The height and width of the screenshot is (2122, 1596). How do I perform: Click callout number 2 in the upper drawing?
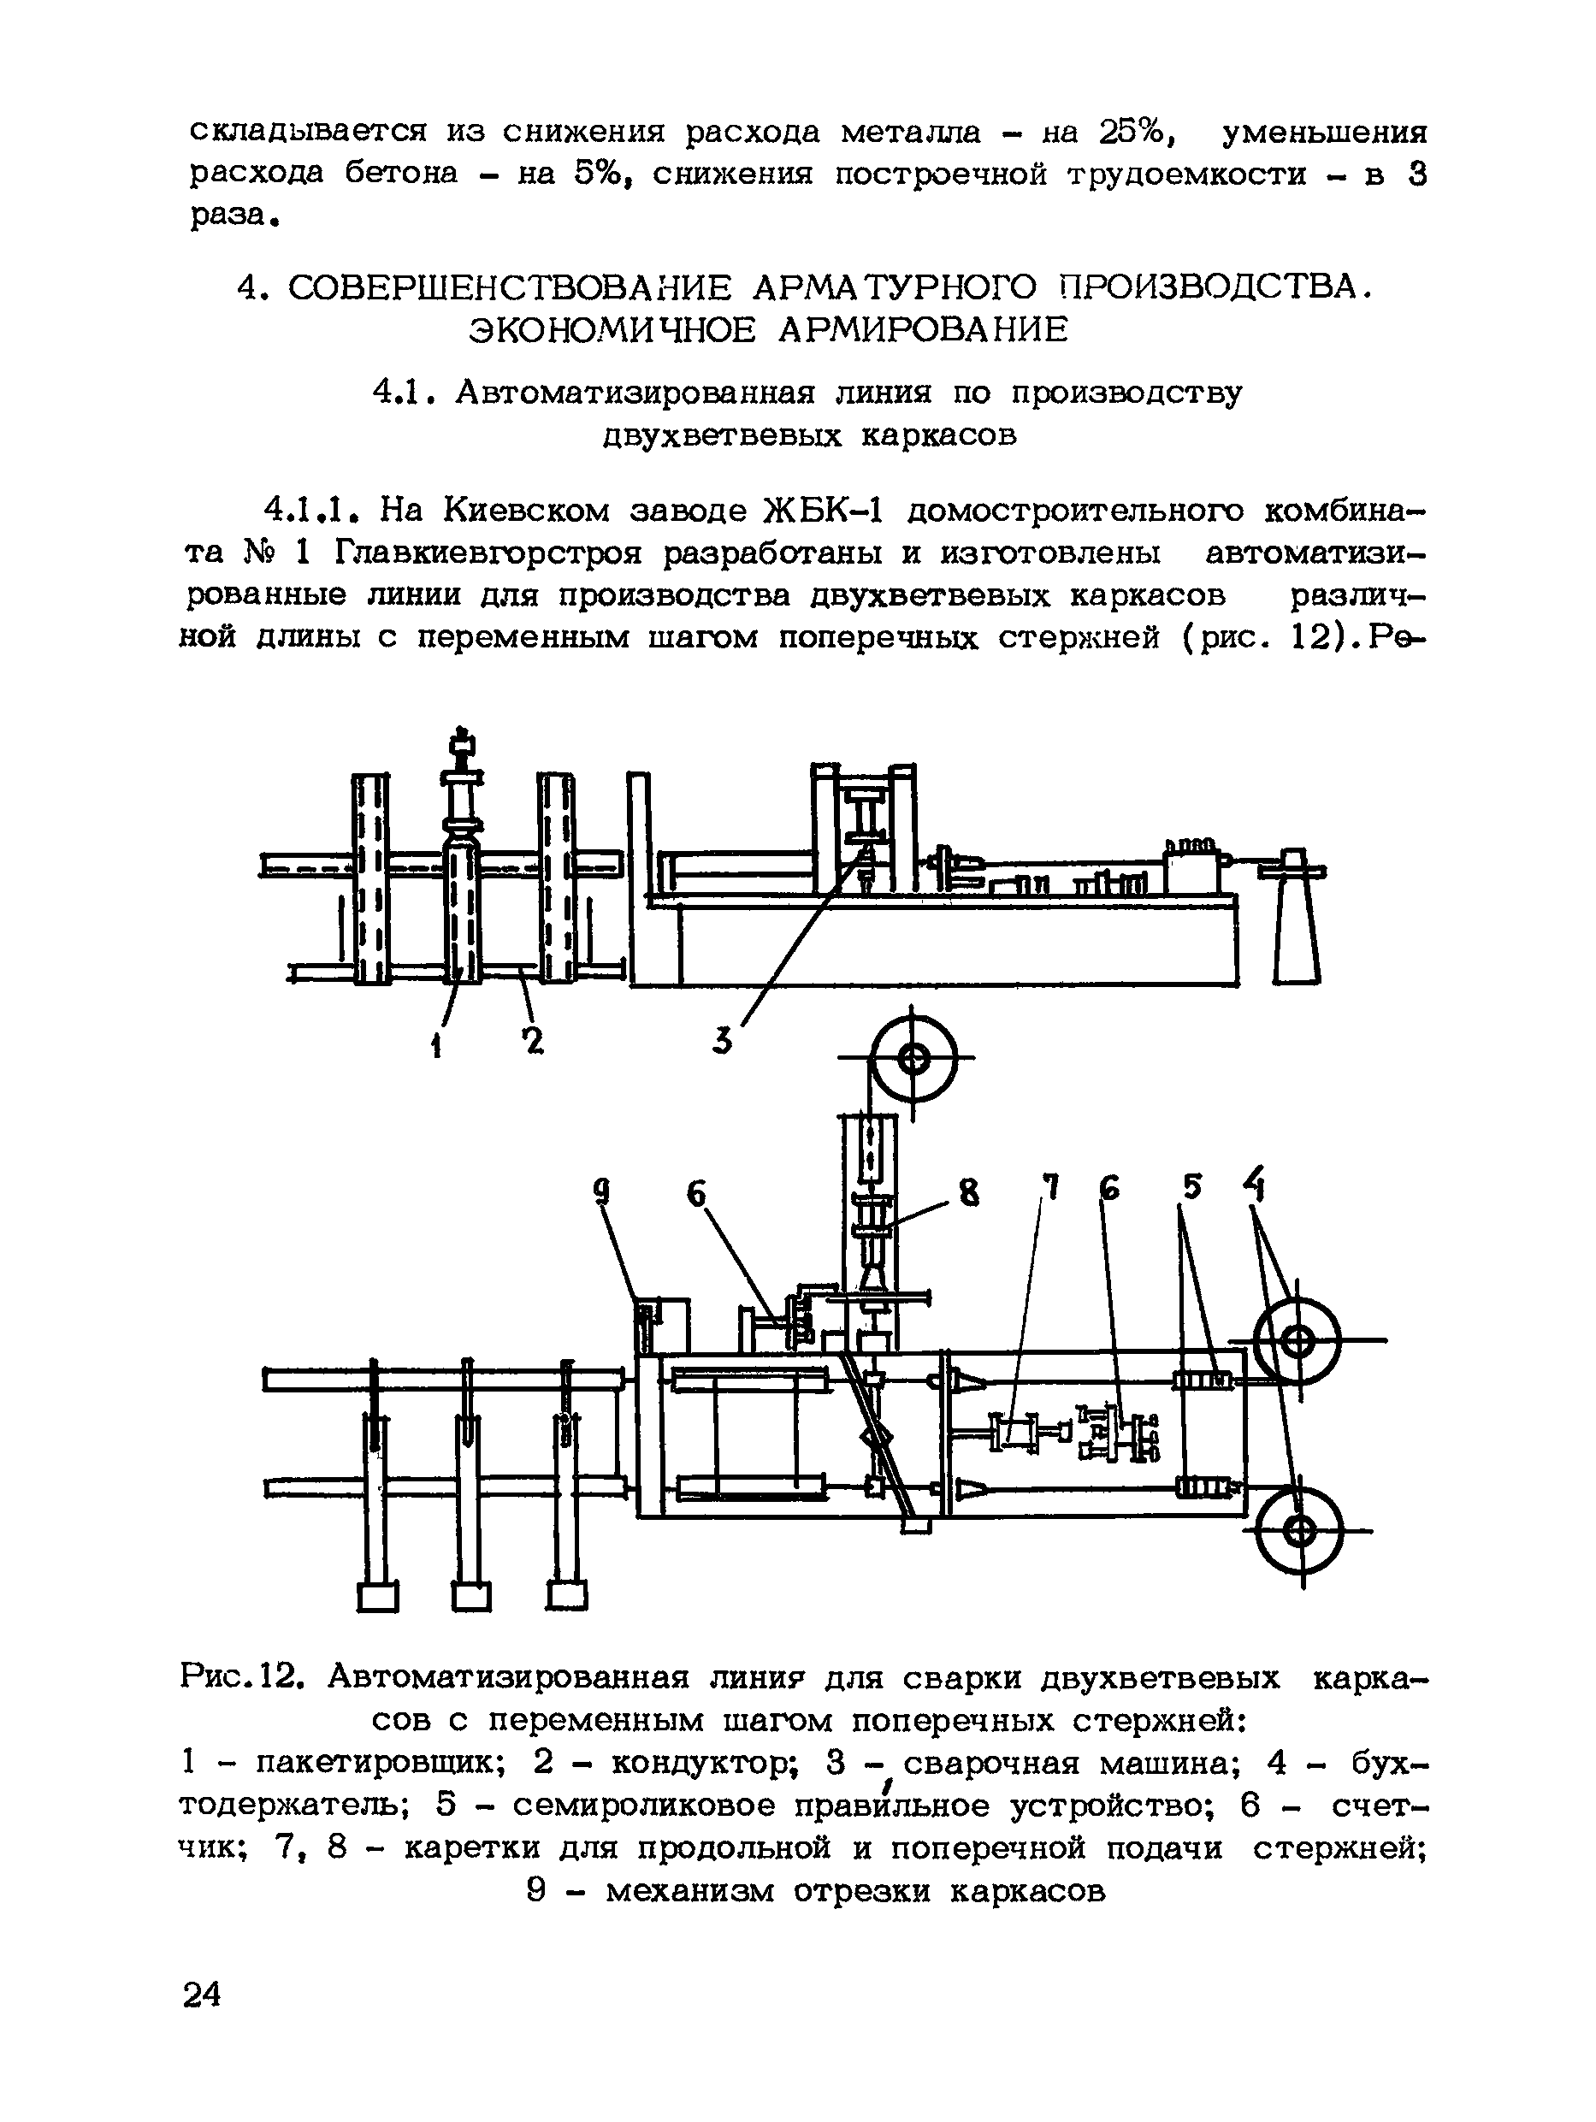tap(532, 1039)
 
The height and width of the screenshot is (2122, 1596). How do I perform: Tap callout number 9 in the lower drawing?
tap(601, 1192)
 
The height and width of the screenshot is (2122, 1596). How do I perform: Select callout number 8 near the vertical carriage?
tap(970, 1194)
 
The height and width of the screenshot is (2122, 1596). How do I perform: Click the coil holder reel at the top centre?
tap(914, 1059)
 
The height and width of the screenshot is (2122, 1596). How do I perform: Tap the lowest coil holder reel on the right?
tap(1302, 1531)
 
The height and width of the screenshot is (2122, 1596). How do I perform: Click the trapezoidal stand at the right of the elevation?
tap(1297, 921)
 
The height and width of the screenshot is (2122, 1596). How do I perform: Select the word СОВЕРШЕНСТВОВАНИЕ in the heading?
tap(508, 287)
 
